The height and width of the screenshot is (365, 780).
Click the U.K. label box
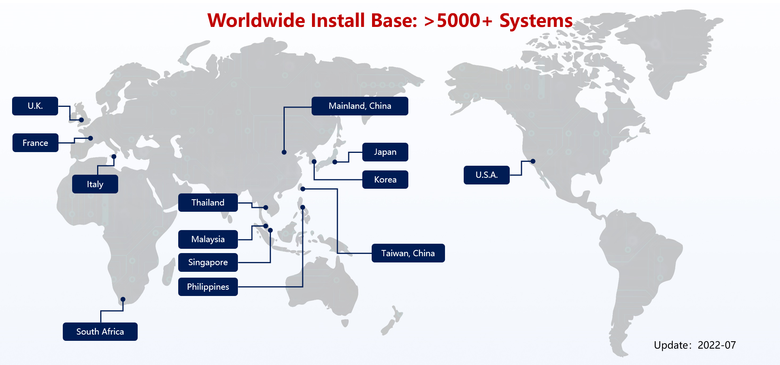click(x=35, y=106)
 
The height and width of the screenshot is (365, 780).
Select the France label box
click(x=35, y=143)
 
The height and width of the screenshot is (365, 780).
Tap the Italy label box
click(x=95, y=184)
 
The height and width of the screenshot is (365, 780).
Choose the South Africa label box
click(x=100, y=331)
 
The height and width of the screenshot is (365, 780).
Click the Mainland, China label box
click(x=360, y=106)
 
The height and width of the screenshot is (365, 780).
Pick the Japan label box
click(x=385, y=152)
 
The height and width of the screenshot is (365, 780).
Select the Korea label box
click(x=385, y=179)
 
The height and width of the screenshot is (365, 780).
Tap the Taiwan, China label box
click(x=408, y=253)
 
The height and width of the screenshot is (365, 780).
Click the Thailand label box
click(x=208, y=202)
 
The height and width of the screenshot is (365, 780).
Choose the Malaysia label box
click(x=208, y=239)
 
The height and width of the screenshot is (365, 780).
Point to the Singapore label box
click(x=208, y=262)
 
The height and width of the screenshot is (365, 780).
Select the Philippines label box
click(x=208, y=287)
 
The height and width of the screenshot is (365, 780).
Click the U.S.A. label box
click(x=487, y=175)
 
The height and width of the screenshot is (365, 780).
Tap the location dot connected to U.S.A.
click(x=533, y=161)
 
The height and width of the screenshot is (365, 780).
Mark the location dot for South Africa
click(x=123, y=299)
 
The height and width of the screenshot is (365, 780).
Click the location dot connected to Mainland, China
click(x=284, y=152)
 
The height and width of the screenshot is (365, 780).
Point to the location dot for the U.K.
click(x=82, y=120)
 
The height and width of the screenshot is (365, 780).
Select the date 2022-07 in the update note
click(x=716, y=345)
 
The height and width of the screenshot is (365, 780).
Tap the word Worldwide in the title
click(x=257, y=21)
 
